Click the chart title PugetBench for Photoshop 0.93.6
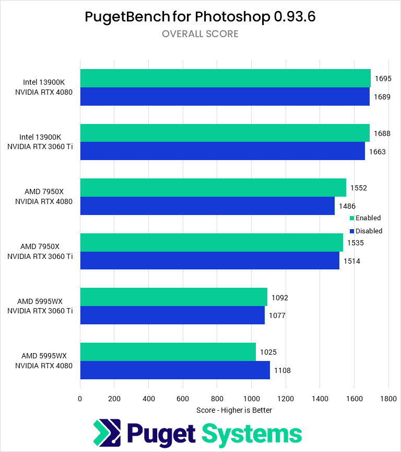coord(200,17)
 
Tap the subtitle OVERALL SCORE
coord(200,34)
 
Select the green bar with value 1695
coord(225,78)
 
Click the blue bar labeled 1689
coord(225,97)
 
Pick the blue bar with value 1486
coord(207,206)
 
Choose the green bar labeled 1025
coord(168,352)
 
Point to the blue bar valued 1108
coord(175,370)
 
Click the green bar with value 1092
coord(173,297)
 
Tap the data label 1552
coord(359,188)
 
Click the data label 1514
coord(352,261)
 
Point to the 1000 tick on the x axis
coord(251,399)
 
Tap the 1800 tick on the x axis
coord(388,399)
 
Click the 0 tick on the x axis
coord(80,399)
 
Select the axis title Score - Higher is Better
coord(234,410)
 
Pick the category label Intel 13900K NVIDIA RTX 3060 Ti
coord(40,142)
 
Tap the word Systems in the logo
coord(252,434)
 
